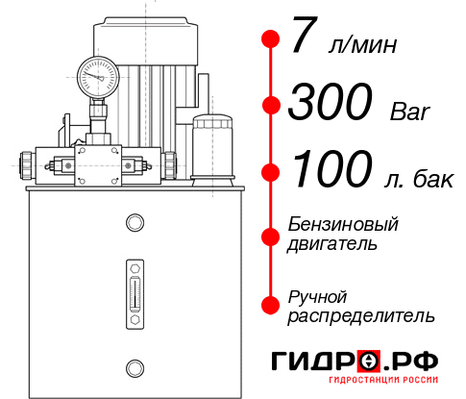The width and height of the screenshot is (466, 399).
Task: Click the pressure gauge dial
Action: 98,77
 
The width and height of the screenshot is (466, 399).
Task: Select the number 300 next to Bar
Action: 331,101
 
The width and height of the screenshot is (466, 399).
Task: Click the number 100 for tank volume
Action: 332,168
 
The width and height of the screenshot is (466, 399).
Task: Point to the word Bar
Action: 410,112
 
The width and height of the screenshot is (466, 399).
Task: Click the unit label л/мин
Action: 362,45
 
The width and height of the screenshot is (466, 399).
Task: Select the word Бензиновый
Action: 343,224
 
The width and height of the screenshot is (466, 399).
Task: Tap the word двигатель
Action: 332,245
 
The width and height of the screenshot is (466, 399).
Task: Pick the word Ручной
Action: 317,298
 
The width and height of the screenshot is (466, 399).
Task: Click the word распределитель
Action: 361,316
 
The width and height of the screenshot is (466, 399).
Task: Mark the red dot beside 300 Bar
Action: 271,105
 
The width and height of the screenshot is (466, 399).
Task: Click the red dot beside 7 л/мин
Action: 271,39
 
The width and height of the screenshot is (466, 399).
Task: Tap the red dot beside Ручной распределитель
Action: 271,305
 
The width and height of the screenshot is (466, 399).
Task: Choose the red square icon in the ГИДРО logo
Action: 369,361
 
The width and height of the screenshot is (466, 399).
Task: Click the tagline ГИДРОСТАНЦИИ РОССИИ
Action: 383,380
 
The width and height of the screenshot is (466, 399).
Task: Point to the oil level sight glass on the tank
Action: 135,294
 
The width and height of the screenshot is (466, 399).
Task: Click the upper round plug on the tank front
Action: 135,222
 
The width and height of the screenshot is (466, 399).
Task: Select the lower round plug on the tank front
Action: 135,368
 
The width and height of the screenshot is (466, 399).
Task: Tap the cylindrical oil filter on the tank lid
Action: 212,150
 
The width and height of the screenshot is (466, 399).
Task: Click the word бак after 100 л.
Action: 433,180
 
